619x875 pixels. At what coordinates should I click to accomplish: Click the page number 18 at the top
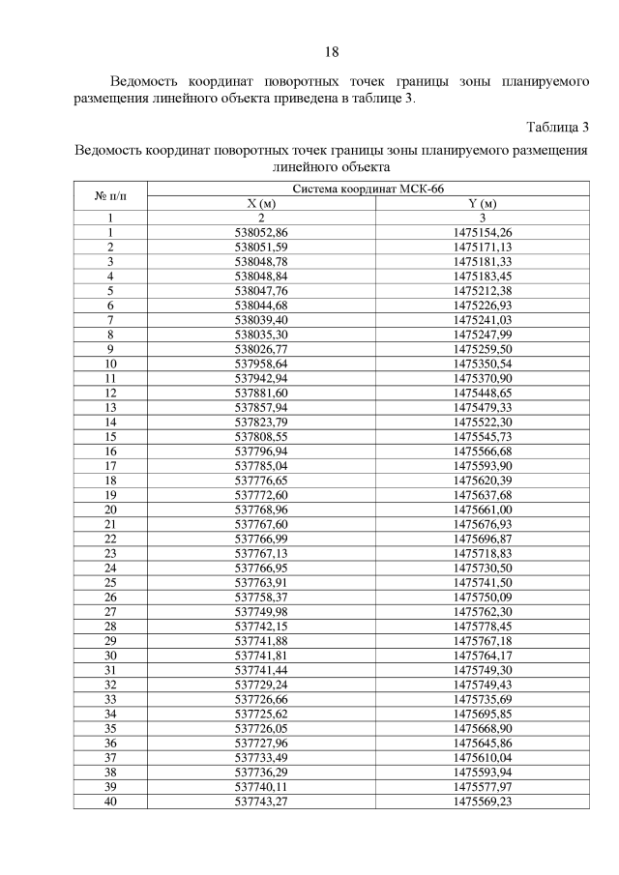[331, 52]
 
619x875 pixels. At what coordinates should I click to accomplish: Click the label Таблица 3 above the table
[557, 129]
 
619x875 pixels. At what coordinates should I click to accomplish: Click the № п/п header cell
[110, 196]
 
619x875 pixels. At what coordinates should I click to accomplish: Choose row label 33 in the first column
[110, 698]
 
